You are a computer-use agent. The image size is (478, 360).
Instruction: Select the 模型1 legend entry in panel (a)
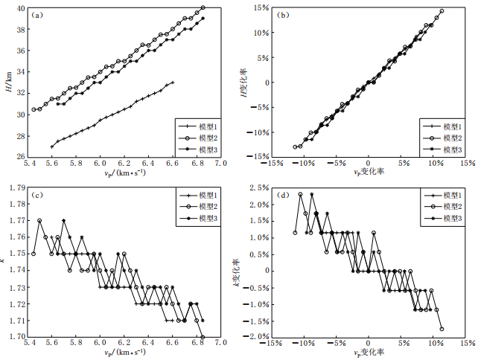tap(197, 126)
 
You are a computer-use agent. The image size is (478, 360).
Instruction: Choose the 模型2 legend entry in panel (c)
tap(197, 205)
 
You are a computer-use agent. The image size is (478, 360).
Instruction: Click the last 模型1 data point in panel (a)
tap(173, 83)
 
